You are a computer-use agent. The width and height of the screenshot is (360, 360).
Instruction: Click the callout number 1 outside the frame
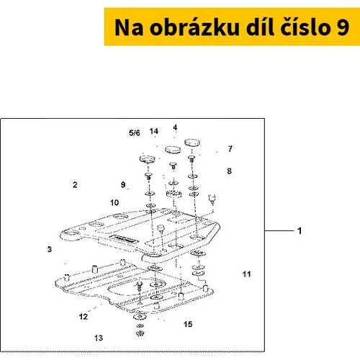300,231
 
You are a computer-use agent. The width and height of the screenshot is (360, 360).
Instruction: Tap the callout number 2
75,185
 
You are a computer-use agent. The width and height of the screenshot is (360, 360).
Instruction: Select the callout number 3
50,249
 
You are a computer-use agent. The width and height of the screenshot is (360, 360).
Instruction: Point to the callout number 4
175,127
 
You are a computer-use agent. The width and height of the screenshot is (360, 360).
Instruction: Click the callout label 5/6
135,132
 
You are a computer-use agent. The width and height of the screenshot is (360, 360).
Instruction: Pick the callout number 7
230,149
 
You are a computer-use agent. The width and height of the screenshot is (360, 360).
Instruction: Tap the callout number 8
230,171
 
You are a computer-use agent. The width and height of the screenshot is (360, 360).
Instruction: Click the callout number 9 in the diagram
123,184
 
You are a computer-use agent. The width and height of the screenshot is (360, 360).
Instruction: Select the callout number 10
114,202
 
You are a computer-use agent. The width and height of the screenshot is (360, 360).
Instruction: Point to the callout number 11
246,274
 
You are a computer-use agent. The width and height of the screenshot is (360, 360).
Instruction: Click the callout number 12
84,317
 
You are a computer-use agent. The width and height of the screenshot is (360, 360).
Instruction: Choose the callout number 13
99,338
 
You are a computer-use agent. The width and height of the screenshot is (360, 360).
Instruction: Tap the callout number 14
154,131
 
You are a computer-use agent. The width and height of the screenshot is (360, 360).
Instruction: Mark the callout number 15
188,324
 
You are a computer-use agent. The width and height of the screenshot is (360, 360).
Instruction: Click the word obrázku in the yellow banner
194,27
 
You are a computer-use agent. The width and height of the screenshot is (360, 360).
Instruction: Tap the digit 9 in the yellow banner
343,27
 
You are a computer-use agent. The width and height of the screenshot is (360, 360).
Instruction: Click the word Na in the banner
129,27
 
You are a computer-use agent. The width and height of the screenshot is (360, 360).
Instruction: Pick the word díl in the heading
260,27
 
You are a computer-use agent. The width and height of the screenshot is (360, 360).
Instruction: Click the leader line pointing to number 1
279,231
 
